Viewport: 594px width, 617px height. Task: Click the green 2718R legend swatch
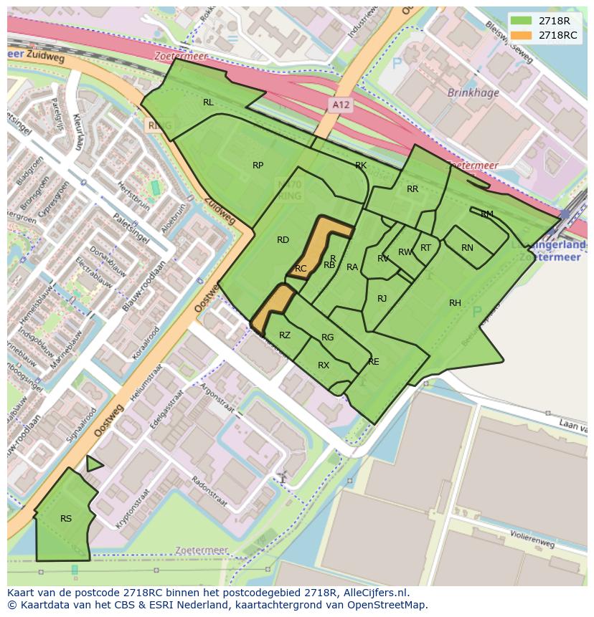point(522,21)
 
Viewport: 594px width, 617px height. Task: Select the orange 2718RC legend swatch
point(522,35)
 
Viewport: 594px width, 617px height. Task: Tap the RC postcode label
point(301,269)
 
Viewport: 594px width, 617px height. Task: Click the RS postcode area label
point(66,519)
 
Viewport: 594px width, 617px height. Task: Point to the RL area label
point(208,102)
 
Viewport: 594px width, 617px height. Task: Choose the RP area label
point(258,166)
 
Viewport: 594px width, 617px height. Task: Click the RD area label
point(283,240)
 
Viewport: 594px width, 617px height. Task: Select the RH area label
point(455,303)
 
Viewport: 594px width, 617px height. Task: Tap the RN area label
point(467,248)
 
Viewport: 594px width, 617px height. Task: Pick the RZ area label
point(285,335)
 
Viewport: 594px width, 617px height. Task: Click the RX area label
point(324,365)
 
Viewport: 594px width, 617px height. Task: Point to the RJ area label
point(382,299)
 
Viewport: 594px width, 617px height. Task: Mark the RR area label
point(412,189)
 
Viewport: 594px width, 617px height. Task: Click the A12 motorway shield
point(341,105)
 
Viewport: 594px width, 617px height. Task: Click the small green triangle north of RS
point(93,464)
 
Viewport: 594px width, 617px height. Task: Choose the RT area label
point(425,248)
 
